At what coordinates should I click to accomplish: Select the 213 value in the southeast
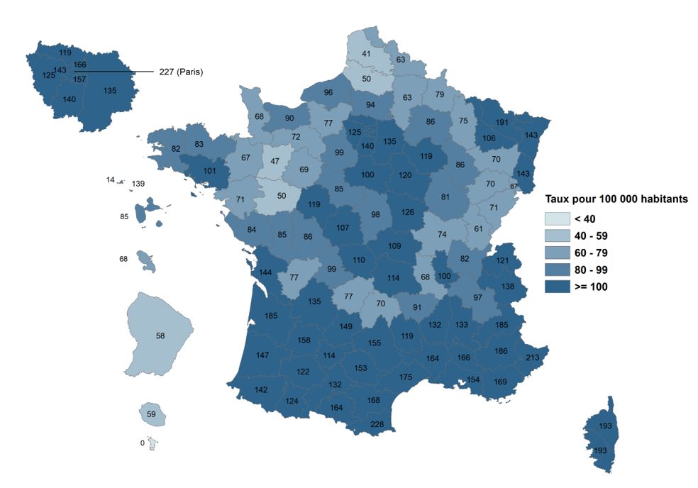(533, 357)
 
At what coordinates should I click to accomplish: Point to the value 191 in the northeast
(502, 122)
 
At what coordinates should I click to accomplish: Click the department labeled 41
(366, 54)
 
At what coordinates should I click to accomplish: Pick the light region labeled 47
(275, 162)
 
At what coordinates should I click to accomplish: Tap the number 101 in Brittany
(209, 170)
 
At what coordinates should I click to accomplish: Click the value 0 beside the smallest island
(143, 443)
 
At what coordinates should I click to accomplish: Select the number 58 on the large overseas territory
(160, 335)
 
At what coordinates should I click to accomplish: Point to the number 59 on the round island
(150, 414)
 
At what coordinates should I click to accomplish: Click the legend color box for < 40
(558, 218)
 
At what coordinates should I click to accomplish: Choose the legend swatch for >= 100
(558, 287)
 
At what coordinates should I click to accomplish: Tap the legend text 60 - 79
(592, 253)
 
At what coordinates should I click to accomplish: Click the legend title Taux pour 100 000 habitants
(616, 199)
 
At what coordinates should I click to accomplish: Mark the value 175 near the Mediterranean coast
(406, 377)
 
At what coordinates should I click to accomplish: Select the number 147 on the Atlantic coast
(262, 355)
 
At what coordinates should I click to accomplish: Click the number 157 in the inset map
(80, 79)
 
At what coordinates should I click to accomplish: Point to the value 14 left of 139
(110, 180)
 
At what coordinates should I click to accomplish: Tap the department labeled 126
(407, 211)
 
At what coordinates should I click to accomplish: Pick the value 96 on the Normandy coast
(328, 93)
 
